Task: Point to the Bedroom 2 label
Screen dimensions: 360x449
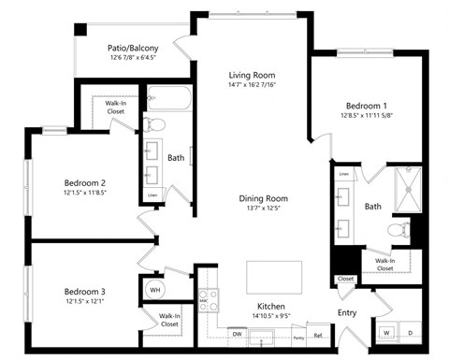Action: pyautogui.click(x=84, y=182)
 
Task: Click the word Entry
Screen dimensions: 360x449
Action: pyautogui.click(x=348, y=313)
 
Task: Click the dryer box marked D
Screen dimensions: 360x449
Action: pyautogui.click(x=410, y=332)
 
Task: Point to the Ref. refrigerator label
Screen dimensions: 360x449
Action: pyautogui.click(x=318, y=336)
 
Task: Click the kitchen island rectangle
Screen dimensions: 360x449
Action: pyautogui.click(x=274, y=277)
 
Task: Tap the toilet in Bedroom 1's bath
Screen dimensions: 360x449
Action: pyautogui.click(x=398, y=228)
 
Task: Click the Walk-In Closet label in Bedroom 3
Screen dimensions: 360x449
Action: pyautogui.click(x=169, y=321)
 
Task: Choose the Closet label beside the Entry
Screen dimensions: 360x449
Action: pyautogui.click(x=345, y=279)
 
